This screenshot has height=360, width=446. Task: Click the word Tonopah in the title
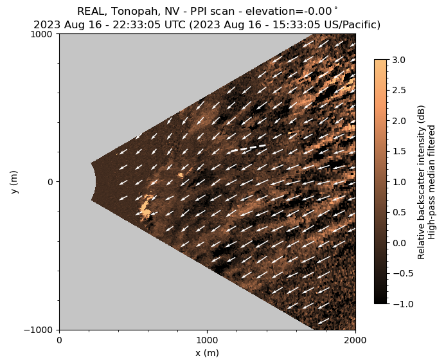(x=131, y=11)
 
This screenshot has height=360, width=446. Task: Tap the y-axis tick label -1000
(x=40, y=330)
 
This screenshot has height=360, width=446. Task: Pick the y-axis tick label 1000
(x=44, y=34)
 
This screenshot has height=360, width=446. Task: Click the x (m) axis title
(x=207, y=353)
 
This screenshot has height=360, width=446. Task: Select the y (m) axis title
(x=15, y=182)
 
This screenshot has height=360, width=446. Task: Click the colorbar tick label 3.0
(x=398, y=60)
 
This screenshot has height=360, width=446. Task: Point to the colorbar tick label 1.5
(x=398, y=151)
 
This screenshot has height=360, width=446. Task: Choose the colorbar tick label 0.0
(x=398, y=242)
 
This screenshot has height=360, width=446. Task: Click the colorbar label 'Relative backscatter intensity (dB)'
(x=422, y=182)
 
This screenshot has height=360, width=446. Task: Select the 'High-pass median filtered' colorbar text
(x=433, y=182)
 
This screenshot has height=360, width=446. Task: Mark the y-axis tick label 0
(x=51, y=182)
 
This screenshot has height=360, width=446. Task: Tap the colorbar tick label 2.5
(x=398, y=90)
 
